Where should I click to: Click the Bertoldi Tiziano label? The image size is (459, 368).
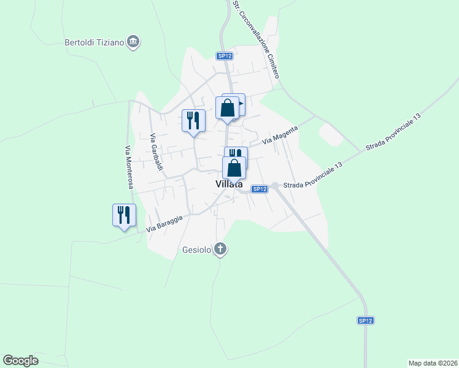[x=94, y=42]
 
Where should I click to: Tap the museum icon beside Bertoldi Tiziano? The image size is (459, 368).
[x=134, y=42]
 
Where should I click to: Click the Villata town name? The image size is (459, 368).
[x=229, y=184]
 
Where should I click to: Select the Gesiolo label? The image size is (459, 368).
[x=197, y=250]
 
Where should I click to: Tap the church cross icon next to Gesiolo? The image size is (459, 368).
[x=221, y=249]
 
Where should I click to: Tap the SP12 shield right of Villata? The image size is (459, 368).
[x=260, y=189]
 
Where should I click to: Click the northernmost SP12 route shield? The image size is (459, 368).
[x=225, y=56]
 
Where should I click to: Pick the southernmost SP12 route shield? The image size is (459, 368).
[x=366, y=320]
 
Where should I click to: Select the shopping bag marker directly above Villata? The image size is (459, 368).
[x=234, y=167]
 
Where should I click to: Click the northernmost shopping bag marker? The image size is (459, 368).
[x=228, y=108]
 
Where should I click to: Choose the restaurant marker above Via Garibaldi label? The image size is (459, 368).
[x=194, y=120]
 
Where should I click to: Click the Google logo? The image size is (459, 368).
[x=20, y=361]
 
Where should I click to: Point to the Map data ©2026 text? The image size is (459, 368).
[x=433, y=362]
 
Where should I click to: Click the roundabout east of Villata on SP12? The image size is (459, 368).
[x=276, y=185]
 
